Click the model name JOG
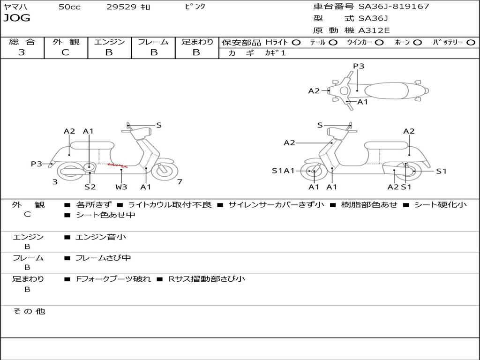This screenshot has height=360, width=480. [17, 18]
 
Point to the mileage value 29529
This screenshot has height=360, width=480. [121, 7]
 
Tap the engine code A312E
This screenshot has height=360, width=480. [374, 31]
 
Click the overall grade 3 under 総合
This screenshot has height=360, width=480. [22, 52]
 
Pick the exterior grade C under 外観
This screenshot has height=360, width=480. [65, 52]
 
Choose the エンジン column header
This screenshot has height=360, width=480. [109, 42]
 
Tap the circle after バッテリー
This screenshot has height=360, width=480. [471, 42]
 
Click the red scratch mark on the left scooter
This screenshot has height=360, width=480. [117, 165]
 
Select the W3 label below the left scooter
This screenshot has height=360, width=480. [121, 187]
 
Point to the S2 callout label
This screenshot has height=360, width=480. [90, 187]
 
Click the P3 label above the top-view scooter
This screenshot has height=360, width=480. [359, 66]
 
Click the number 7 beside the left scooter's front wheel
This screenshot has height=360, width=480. [180, 182]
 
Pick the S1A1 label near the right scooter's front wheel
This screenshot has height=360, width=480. [283, 171]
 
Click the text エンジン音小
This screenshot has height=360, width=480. [101, 237]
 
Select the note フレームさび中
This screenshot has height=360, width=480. [103, 258]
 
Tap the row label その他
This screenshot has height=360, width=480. [29, 311]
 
